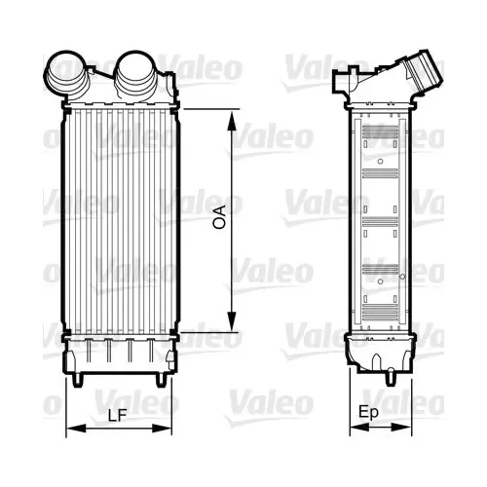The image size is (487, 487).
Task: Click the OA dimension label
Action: tap(220, 217)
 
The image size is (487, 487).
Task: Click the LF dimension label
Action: tap(117, 416)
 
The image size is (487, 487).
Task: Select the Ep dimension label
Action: tap(368, 413)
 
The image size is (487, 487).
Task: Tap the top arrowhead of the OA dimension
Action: tap(231, 122)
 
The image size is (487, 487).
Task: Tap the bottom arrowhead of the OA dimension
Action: tap(231, 320)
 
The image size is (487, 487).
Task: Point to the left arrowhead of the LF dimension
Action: tap(76, 429)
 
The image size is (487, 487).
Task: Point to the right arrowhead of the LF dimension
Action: tap(162, 429)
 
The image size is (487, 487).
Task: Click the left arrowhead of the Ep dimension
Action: tap(359, 428)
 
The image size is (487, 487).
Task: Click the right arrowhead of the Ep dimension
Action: tap(401, 428)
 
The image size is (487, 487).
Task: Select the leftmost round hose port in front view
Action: tap(66, 75)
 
